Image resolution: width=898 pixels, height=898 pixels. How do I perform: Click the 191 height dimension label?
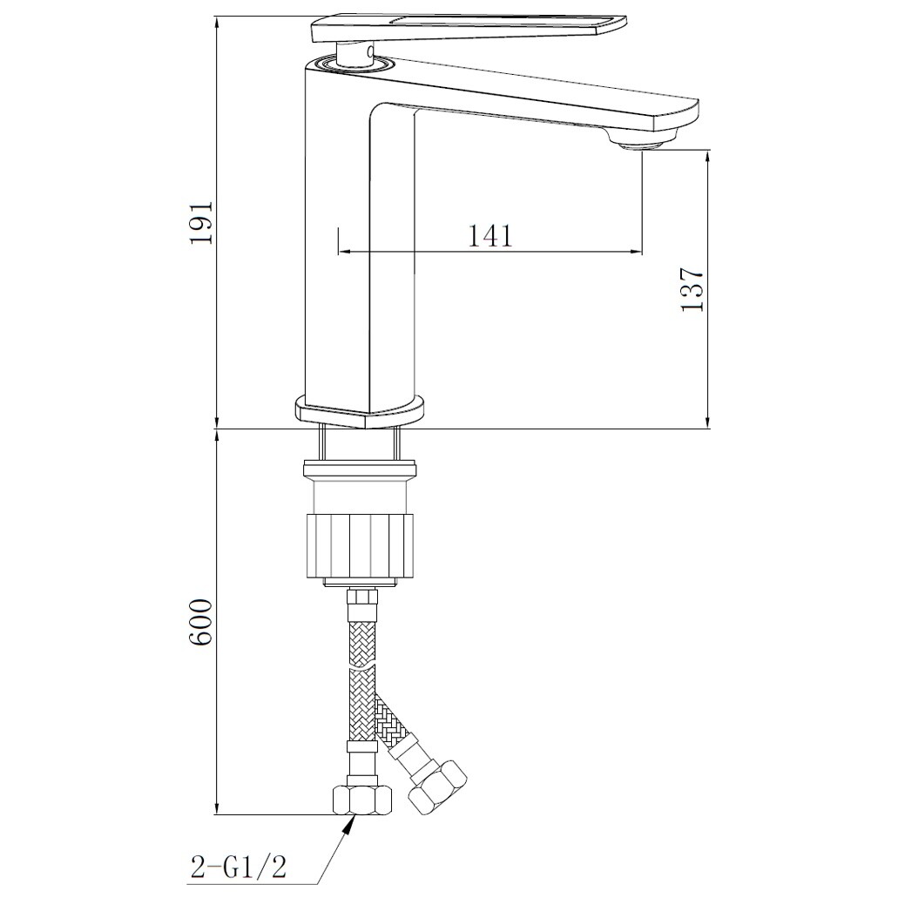point(201,222)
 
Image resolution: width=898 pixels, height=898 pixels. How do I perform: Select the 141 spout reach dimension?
point(490,235)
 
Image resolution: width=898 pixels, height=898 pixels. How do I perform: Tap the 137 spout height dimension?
point(692,288)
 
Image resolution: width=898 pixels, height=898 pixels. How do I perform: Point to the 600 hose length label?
point(201,623)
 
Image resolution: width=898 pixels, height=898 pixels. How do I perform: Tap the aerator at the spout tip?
point(642,142)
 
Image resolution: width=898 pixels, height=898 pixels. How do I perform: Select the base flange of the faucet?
point(361,410)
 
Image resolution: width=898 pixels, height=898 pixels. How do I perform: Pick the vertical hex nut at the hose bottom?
point(362,800)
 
